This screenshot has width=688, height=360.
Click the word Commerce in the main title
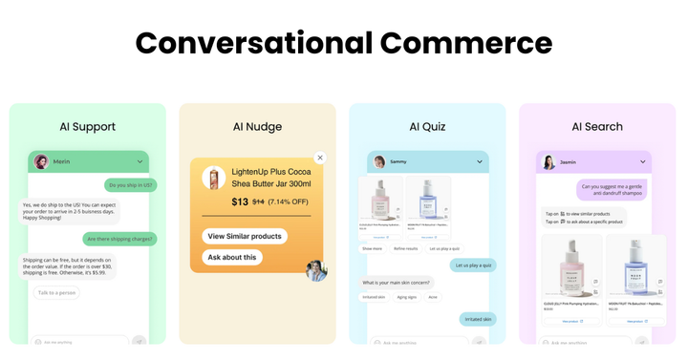(465, 43)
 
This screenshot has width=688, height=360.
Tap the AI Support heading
(87, 126)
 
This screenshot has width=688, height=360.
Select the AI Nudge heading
(257, 126)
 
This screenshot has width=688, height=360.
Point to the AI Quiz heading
(427, 126)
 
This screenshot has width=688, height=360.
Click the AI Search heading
(597, 126)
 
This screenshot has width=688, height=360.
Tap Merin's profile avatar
(41, 161)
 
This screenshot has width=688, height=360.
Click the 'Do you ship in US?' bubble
(131, 185)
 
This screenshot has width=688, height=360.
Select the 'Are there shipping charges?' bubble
(120, 239)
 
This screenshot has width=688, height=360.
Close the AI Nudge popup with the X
(320, 158)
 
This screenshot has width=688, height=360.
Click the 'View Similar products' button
(245, 236)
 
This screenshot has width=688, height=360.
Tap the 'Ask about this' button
(232, 257)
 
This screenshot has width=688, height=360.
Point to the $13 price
(240, 201)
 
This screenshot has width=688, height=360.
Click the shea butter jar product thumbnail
(214, 179)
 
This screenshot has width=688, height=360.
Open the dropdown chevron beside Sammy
(480, 162)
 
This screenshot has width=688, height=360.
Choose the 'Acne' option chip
(433, 297)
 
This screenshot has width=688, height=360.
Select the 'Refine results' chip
(406, 248)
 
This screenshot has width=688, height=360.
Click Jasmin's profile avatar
(549, 162)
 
